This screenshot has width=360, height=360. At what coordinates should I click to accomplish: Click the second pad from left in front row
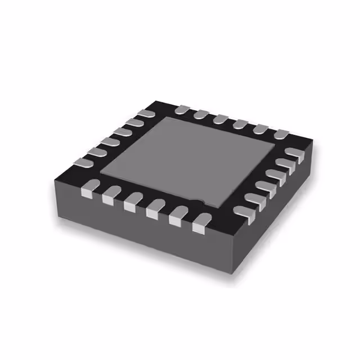[x=109, y=196]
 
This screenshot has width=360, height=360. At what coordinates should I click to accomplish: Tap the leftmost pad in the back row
[x=181, y=109]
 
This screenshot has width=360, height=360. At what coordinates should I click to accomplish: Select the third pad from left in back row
[x=219, y=118]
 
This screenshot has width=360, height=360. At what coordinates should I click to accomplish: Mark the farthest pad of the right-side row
[x=296, y=151]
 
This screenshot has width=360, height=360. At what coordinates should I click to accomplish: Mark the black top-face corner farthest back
[x=163, y=101]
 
